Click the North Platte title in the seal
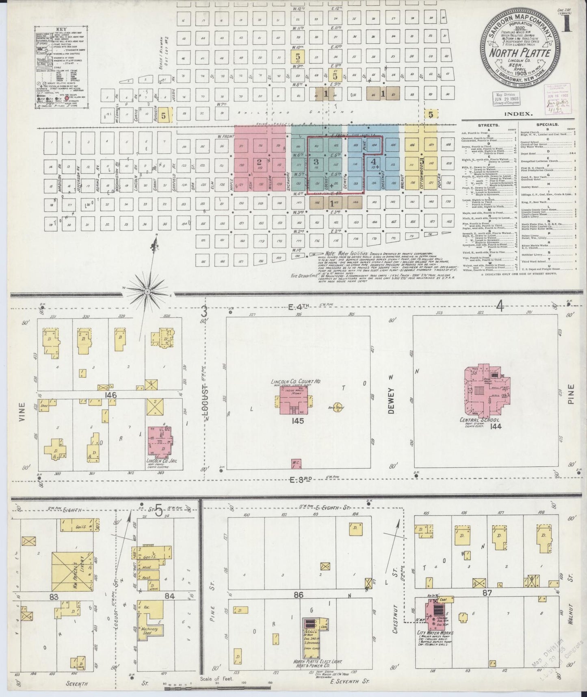520,53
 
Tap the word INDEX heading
518,114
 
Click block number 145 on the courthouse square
298,421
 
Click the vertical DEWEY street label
391,394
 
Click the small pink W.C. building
296,464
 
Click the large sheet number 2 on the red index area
259,161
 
